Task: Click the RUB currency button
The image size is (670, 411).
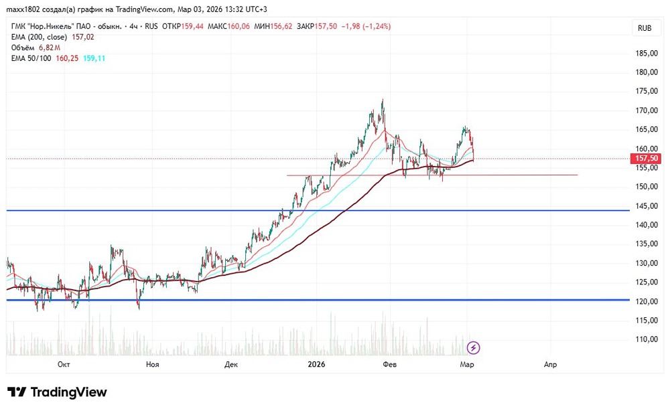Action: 645,27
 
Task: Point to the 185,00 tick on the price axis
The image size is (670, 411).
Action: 645,53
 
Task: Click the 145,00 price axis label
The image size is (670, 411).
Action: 645,206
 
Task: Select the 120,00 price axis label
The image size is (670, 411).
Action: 645,301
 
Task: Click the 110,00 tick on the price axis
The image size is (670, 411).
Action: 645,339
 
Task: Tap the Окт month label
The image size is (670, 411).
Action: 64,364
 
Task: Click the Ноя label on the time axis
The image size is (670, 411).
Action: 152,364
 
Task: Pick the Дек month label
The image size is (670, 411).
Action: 231,364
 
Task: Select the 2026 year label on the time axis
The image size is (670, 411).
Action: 316,364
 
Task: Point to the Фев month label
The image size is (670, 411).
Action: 389,364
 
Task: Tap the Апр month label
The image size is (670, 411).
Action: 550,364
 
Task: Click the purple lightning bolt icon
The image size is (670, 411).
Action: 474,347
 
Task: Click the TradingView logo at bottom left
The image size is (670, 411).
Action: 57,392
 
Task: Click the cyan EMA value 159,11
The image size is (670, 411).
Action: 94,58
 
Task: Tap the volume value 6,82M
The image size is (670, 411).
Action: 49,48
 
